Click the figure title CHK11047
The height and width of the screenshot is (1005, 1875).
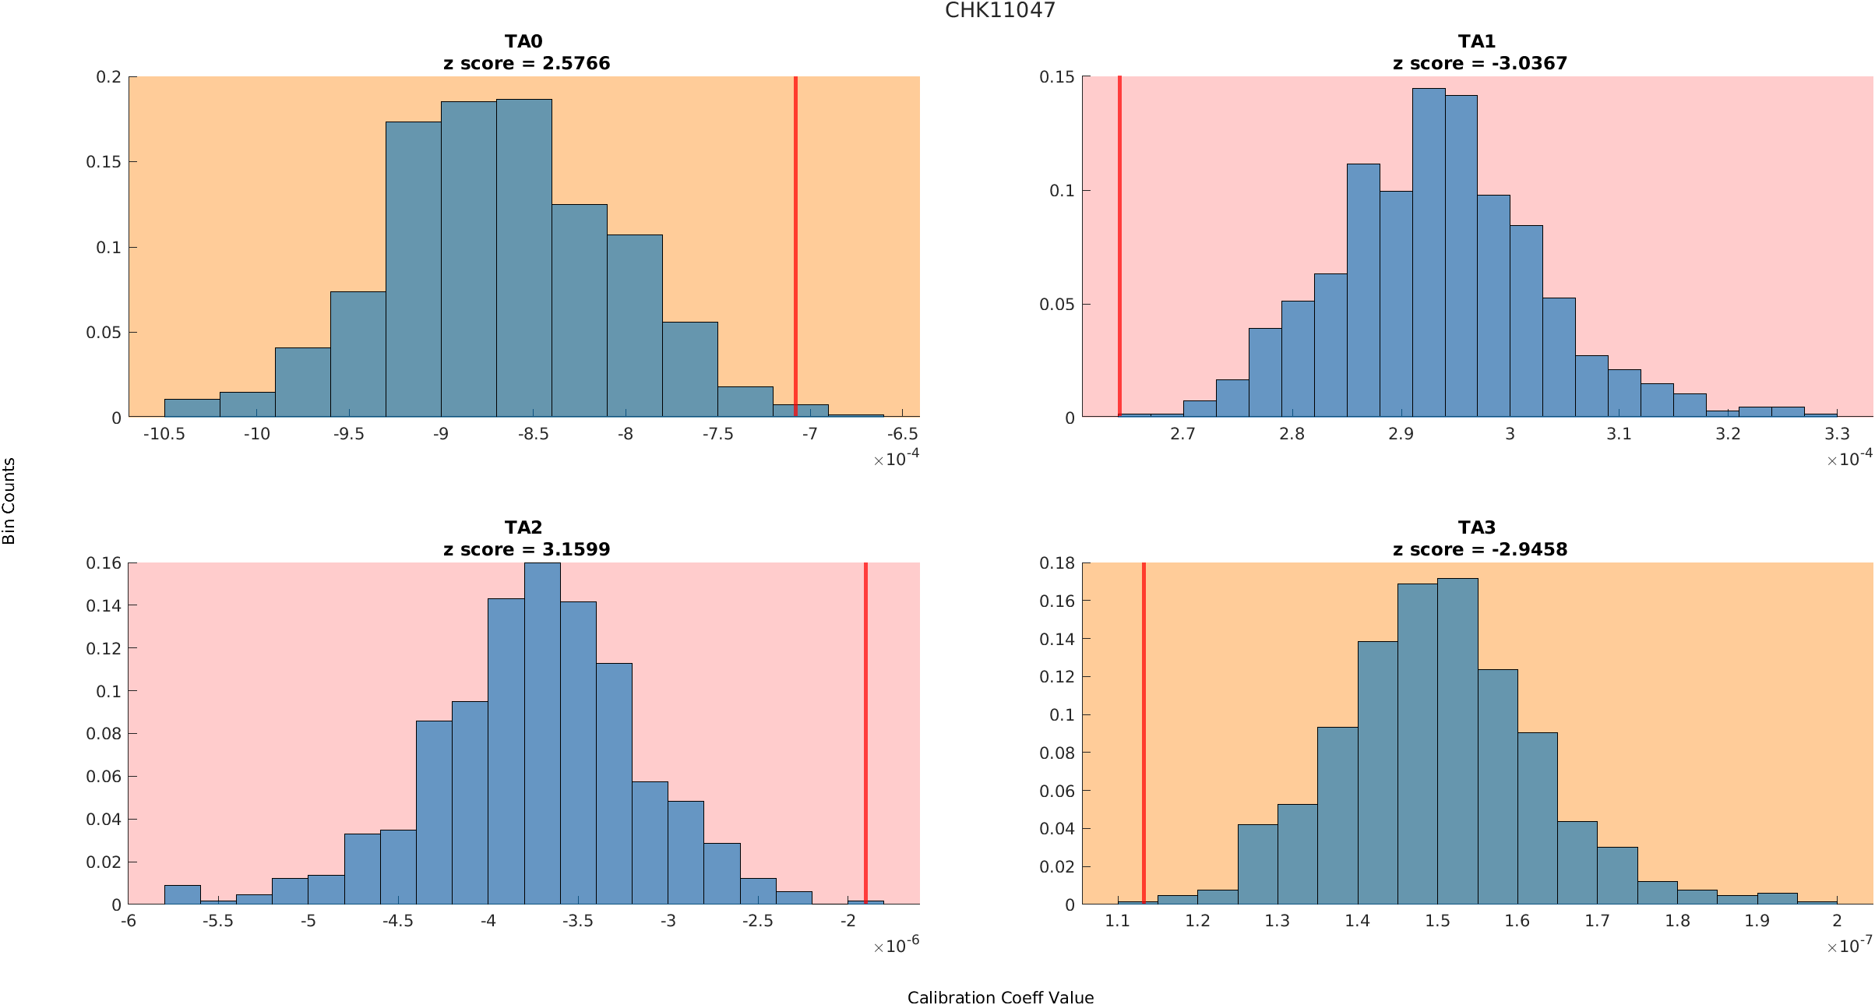tap(999, 10)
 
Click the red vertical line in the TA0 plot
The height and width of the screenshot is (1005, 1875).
tap(795, 234)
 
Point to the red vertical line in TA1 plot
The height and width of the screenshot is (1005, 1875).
tap(1119, 234)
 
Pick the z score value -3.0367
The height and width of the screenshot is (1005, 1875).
tap(1529, 63)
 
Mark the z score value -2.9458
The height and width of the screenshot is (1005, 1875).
tap(1529, 549)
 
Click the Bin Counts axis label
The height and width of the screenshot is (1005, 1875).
tap(9, 501)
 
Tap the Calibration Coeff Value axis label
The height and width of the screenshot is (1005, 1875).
tap(1000, 997)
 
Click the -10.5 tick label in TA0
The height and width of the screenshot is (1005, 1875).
tap(164, 434)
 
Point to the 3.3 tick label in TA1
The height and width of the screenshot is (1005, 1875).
tap(1837, 434)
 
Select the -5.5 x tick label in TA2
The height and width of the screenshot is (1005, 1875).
tap(218, 920)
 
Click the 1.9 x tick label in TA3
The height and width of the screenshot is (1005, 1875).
tap(1757, 920)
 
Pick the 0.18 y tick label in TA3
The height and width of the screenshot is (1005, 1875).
tap(1056, 563)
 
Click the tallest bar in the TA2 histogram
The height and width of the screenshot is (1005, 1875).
tap(542, 732)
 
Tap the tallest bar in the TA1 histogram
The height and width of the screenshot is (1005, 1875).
tap(1429, 253)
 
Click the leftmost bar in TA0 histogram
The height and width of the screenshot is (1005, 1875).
tap(192, 408)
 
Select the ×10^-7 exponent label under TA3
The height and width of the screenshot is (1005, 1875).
tap(1849, 946)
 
